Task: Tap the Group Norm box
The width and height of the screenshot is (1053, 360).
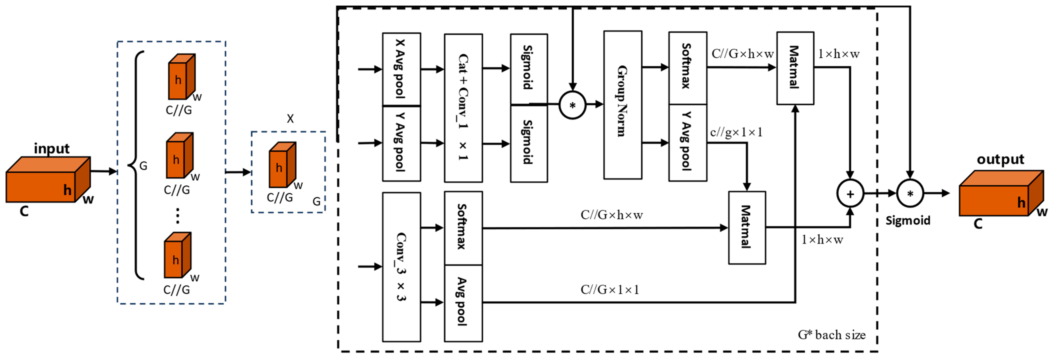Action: coord(622,105)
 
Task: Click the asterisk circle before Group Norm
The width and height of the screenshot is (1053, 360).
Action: coord(572,105)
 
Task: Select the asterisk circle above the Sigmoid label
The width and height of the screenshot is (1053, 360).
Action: coord(910,194)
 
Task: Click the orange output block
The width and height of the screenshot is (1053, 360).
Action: coord(1001,194)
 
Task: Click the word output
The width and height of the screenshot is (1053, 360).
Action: coord(1000,159)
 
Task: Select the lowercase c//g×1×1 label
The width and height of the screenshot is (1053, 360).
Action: coord(736,132)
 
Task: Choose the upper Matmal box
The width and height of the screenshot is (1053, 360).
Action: coord(795,68)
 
